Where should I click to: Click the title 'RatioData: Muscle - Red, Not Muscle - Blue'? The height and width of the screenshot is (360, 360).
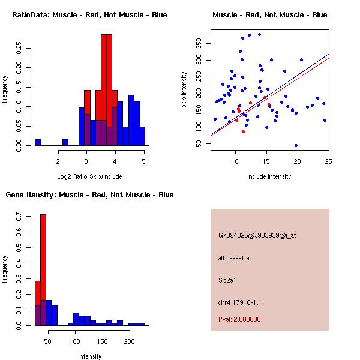tap(89, 14)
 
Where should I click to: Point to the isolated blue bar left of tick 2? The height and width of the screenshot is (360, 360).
tap(38, 142)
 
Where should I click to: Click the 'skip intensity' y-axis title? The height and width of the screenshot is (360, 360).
tap(185, 90)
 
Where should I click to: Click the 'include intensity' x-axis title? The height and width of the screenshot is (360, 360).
tap(269, 176)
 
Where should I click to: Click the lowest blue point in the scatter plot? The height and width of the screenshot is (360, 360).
tap(296, 145)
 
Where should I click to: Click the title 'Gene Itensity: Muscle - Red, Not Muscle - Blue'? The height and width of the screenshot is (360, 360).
tap(89, 195)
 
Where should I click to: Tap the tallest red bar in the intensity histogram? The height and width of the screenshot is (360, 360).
tap(43, 269)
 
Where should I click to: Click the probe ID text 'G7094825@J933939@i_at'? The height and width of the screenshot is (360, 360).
tap(257, 235)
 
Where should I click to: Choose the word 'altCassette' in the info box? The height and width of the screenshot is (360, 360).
tap(234, 258)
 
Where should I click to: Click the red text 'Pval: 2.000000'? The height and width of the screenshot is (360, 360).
tap(239, 319)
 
